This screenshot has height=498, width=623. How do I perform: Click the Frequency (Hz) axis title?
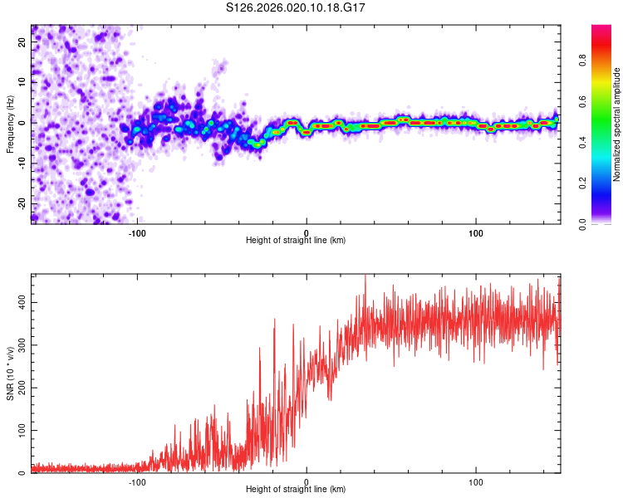[10, 124]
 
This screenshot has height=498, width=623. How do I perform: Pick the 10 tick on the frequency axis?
[22, 81]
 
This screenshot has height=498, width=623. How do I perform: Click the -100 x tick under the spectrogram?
[137, 232]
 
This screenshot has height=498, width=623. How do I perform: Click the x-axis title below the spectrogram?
[296, 241]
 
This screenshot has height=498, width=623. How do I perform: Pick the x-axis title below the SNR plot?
[296, 490]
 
